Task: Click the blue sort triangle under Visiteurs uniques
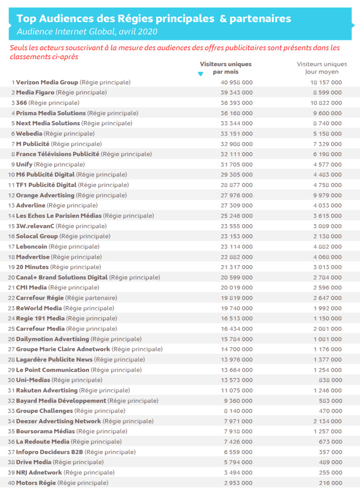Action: [x=201, y=74]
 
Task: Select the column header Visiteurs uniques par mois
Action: [x=225, y=67]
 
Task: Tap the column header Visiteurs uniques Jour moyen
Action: [x=322, y=67]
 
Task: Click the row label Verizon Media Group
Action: [x=47, y=82]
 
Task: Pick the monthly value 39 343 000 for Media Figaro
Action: [x=234, y=93]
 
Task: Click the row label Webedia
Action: [x=29, y=133]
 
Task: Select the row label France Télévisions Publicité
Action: [x=57, y=154]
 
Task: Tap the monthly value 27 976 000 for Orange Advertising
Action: [x=234, y=195]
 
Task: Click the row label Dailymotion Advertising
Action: [x=52, y=339]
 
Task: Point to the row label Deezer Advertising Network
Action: [x=59, y=421]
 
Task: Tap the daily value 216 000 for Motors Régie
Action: [x=331, y=482]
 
